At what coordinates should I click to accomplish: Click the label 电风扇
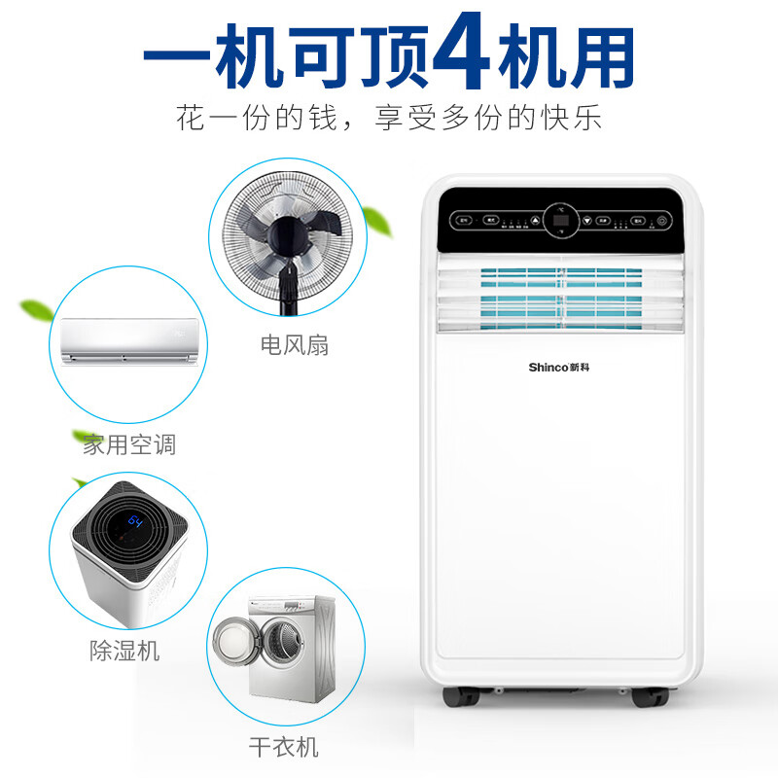point(294,345)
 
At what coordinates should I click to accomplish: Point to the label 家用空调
point(128,445)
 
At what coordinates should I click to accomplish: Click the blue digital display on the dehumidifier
point(132,522)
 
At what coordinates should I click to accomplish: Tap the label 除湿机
point(122,651)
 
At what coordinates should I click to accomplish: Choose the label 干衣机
point(283,747)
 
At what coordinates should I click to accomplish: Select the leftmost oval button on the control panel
point(464,221)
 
